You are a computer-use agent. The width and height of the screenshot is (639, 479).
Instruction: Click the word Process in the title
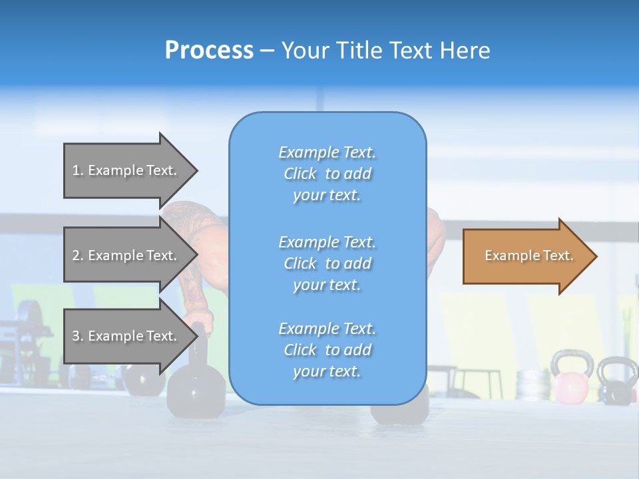coord(209,51)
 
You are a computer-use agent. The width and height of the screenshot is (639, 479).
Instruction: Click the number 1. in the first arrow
coord(78,170)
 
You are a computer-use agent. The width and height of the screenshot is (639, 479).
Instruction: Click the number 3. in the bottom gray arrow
coord(78,336)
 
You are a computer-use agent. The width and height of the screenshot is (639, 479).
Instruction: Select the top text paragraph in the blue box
coord(327,174)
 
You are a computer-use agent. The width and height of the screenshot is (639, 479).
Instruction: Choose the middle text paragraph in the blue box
coord(327,263)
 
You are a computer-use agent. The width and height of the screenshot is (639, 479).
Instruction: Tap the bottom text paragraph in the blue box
coord(327,350)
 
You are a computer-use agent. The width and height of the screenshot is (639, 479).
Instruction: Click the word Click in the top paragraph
coord(300,174)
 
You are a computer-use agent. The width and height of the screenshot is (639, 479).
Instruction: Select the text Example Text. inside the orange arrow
coord(529,255)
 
